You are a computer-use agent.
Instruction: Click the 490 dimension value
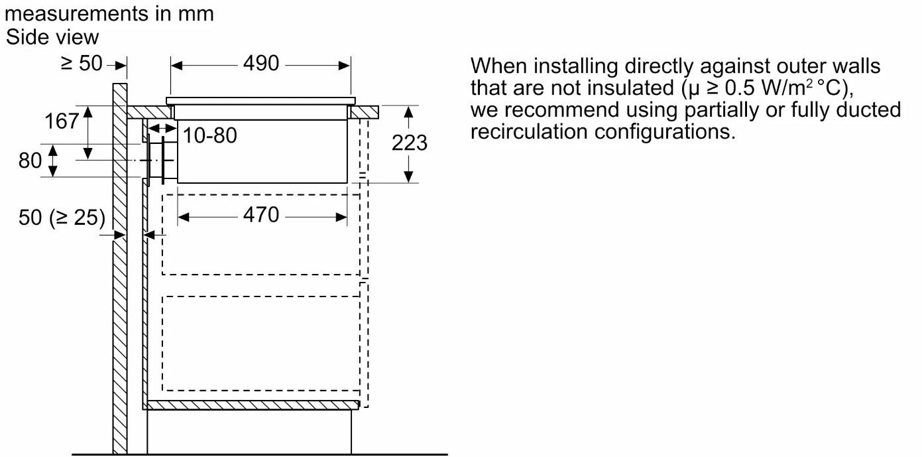click(x=261, y=64)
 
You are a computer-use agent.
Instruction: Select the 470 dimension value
click(x=261, y=215)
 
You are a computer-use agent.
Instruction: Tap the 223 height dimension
click(x=410, y=143)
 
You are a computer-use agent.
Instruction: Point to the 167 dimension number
click(x=62, y=121)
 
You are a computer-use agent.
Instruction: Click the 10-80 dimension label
click(x=209, y=135)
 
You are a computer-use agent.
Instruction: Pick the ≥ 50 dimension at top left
click(x=82, y=64)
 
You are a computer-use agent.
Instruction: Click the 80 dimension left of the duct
click(x=30, y=160)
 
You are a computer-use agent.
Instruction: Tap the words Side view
click(x=52, y=37)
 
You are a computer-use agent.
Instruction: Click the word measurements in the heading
click(x=76, y=13)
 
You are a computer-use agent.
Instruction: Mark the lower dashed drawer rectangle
click(x=261, y=344)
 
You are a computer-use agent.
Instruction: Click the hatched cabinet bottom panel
click(x=253, y=405)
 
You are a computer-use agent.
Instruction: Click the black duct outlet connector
click(x=161, y=161)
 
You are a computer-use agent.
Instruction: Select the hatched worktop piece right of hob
click(x=365, y=113)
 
